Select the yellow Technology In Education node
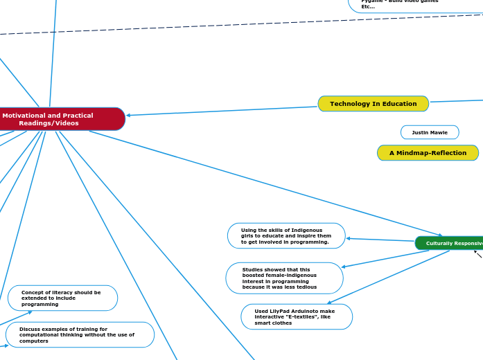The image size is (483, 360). [x=373, y=104]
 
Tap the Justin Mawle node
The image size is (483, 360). [x=430, y=132]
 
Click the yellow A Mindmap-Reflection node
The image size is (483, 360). [x=428, y=153]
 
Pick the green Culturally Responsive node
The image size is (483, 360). [x=450, y=243]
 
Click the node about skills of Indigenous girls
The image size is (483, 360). [x=286, y=236]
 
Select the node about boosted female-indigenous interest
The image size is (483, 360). [x=284, y=278]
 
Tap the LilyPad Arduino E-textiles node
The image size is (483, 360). [x=297, y=316]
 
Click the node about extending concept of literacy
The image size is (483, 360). [x=62, y=298]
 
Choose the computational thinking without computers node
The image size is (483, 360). [x=80, y=334]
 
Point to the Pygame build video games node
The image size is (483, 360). [x=416, y=4]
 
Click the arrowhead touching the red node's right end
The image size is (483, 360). [x=130, y=115]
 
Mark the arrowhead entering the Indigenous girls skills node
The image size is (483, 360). [x=349, y=238]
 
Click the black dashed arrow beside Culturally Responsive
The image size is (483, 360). [x=477, y=254]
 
